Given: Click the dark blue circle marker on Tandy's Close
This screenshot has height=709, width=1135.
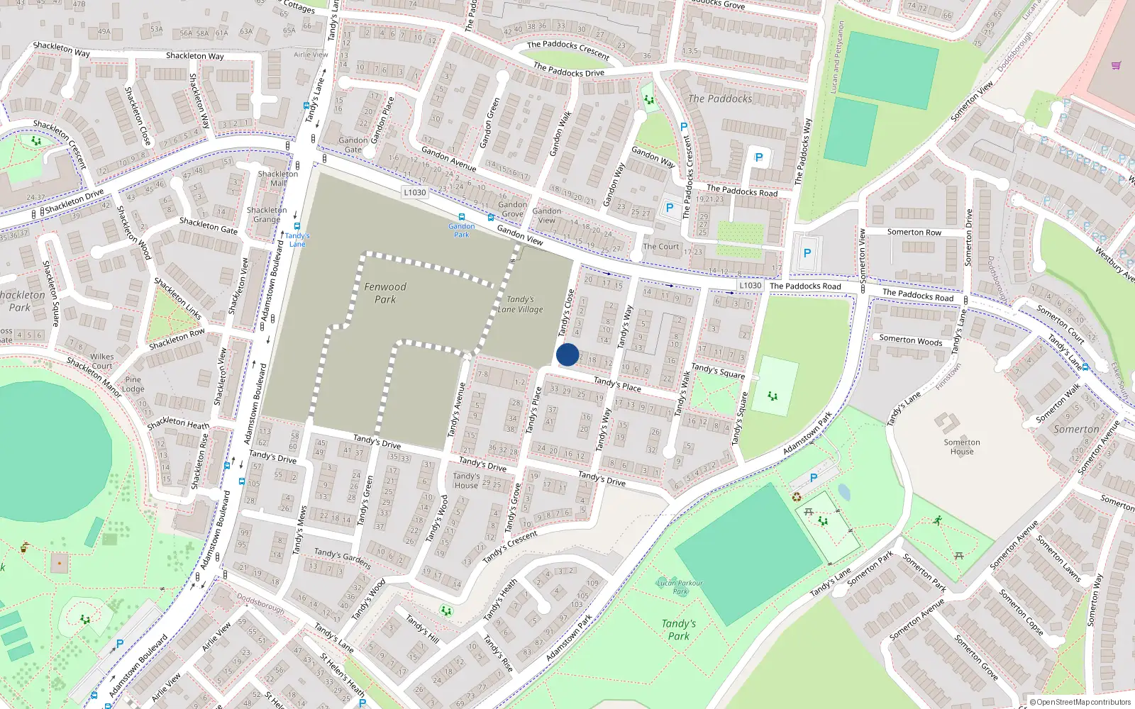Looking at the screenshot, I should [567, 354].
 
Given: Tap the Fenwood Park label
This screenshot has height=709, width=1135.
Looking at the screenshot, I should [385, 293].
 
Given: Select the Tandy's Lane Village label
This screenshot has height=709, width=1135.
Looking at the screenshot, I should [520, 304].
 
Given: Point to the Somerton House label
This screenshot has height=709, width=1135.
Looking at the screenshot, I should [962, 447].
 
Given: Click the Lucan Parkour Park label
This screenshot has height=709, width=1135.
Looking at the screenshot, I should [680, 587].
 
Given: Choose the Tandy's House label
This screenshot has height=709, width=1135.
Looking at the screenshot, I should [466, 481].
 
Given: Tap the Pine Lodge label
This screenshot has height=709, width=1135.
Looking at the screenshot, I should [133, 384].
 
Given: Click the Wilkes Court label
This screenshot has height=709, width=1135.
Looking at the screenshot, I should [101, 362].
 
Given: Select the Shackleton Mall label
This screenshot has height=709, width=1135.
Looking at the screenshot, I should [278, 178].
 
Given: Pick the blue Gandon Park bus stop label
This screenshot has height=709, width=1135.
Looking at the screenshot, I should [462, 230].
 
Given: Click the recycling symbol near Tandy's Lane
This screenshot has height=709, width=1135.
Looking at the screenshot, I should [797, 497].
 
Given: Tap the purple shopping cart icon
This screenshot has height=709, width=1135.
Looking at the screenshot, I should [1116, 65].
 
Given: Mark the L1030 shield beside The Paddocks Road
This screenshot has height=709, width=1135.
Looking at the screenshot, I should [751, 285].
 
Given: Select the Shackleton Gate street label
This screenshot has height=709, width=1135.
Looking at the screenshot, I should [209, 225].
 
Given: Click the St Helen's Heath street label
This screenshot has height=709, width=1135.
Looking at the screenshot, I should [343, 674].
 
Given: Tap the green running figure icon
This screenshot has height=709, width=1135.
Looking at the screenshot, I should [938, 520].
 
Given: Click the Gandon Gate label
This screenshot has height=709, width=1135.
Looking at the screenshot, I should [353, 145].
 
